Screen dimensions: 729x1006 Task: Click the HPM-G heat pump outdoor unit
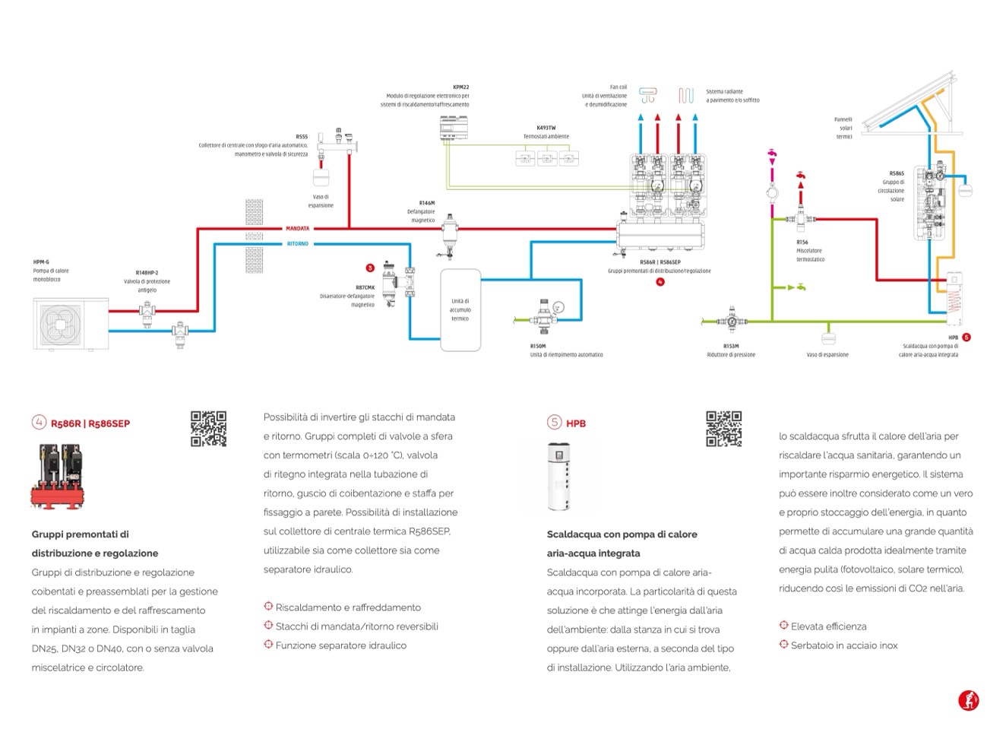click(70, 324)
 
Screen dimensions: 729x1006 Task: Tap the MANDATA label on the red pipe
click(297, 228)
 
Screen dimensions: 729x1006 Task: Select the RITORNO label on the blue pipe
click(297, 244)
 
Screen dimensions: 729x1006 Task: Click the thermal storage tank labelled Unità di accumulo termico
click(460, 310)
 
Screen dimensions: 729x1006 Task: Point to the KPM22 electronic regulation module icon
click(456, 129)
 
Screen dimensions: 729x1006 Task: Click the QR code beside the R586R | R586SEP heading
click(208, 429)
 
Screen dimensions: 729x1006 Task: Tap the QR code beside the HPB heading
click(723, 429)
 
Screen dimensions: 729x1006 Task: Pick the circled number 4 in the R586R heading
click(39, 423)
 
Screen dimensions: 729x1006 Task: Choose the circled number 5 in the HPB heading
click(554, 423)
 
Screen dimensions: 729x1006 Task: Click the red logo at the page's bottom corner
click(968, 699)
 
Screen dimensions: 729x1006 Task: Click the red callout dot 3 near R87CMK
click(370, 268)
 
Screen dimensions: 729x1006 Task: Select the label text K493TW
click(546, 128)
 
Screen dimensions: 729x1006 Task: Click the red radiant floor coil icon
click(685, 96)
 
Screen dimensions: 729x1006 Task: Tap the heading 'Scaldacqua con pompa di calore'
click(622, 534)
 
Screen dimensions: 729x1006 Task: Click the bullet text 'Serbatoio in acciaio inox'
click(843, 645)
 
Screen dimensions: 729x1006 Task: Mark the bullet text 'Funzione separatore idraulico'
click(340, 645)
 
